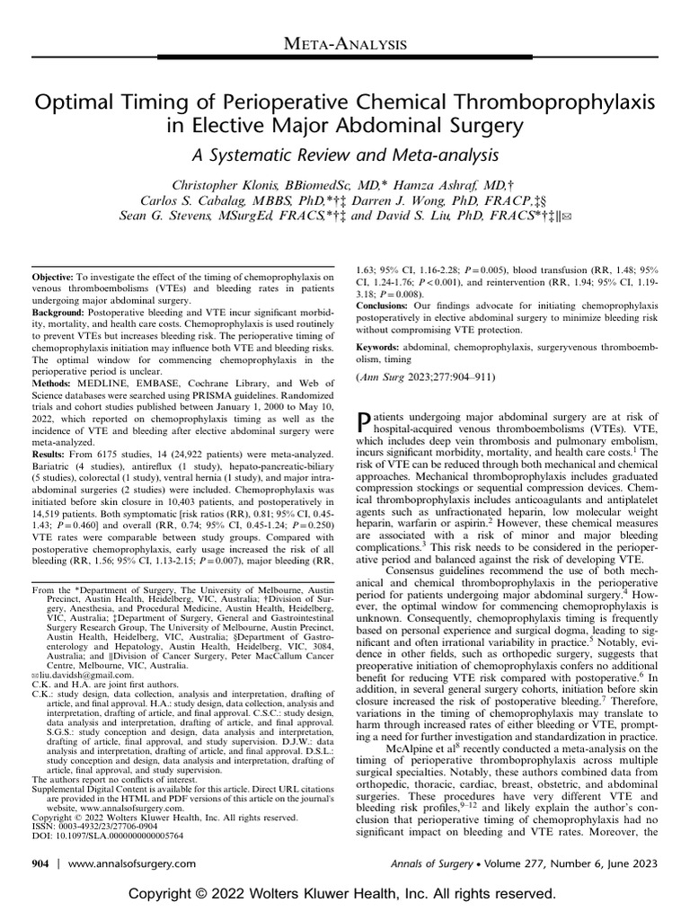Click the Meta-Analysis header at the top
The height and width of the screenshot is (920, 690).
point(345,42)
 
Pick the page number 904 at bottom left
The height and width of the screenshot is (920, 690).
point(41,862)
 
